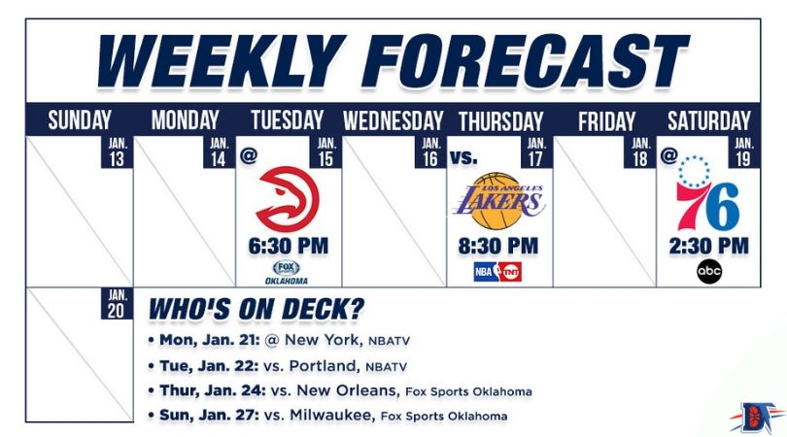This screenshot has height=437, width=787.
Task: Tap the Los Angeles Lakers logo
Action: [x=498, y=201]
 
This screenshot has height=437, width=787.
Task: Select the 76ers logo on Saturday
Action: [x=707, y=193]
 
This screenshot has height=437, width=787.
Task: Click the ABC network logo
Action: [x=708, y=272]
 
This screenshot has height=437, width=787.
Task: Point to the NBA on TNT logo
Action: [x=497, y=272]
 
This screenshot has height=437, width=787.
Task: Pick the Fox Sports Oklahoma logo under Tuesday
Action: [x=287, y=273]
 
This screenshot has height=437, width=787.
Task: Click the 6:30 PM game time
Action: [x=289, y=247]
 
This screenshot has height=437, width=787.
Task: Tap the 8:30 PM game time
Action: [x=497, y=247]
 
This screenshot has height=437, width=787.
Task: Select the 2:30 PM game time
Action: [x=708, y=247]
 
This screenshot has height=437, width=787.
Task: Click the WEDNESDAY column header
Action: [x=393, y=121]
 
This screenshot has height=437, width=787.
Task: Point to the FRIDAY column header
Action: [x=606, y=121]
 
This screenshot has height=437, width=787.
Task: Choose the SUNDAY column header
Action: [x=80, y=120]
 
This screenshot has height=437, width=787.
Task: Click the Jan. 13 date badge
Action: [x=117, y=152]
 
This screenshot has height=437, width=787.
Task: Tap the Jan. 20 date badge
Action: [x=117, y=304]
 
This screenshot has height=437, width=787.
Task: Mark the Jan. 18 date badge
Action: [x=640, y=152]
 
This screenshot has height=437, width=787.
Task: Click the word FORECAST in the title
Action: [x=525, y=61]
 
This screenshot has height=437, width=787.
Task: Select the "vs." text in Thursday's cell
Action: [x=463, y=157]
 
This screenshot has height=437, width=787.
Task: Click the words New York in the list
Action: [x=322, y=340]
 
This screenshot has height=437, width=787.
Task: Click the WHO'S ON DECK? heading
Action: [x=256, y=310]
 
